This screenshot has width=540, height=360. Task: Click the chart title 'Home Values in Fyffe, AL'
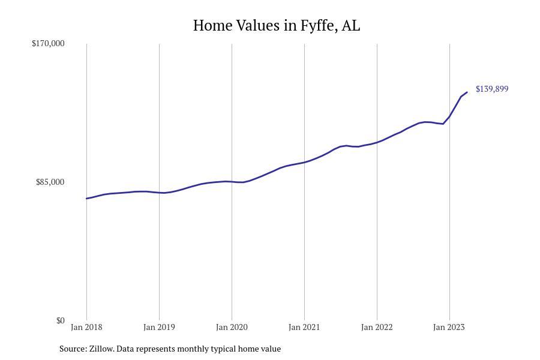pyautogui.click(x=277, y=26)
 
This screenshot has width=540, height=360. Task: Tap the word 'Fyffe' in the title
pyautogui.click(x=319, y=26)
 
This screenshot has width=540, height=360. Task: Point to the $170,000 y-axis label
pyautogui.click(x=48, y=43)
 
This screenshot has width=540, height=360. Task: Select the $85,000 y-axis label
pyautogui.click(x=50, y=182)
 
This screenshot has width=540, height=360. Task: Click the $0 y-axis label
pyautogui.click(x=60, y=320)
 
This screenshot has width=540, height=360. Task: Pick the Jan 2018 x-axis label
pyautogui.click(x=86, y=327)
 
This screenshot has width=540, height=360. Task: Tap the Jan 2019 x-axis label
pyautogui.click(x=159, y=327)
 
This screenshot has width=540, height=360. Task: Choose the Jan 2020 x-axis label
pyautogui.click(x=232, y=327)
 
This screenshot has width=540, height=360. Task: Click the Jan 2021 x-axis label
pyautogui.click(x=304, y=327)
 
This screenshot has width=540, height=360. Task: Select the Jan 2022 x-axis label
pyautogui.click(x=377, y=327)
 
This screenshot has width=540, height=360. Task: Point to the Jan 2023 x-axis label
pyautogui.click(x=449, y=327)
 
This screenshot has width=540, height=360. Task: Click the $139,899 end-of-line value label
pyautogui.click(x=492, y=89)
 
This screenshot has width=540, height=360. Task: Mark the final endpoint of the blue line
pyautogui.click(x=467, y=92)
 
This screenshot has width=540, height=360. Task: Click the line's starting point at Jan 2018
pyautogui.click(x=86, y=199)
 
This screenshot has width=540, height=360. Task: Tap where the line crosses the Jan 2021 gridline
pyautogui.click(x=304, y=162)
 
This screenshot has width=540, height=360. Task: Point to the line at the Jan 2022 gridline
pyautogui.click(x=377, y=142)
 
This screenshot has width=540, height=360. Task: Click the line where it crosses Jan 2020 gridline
pyautogui.click(x=232, y=181)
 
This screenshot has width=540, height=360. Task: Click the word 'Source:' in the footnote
pyautogui.click(x=73, y=349)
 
